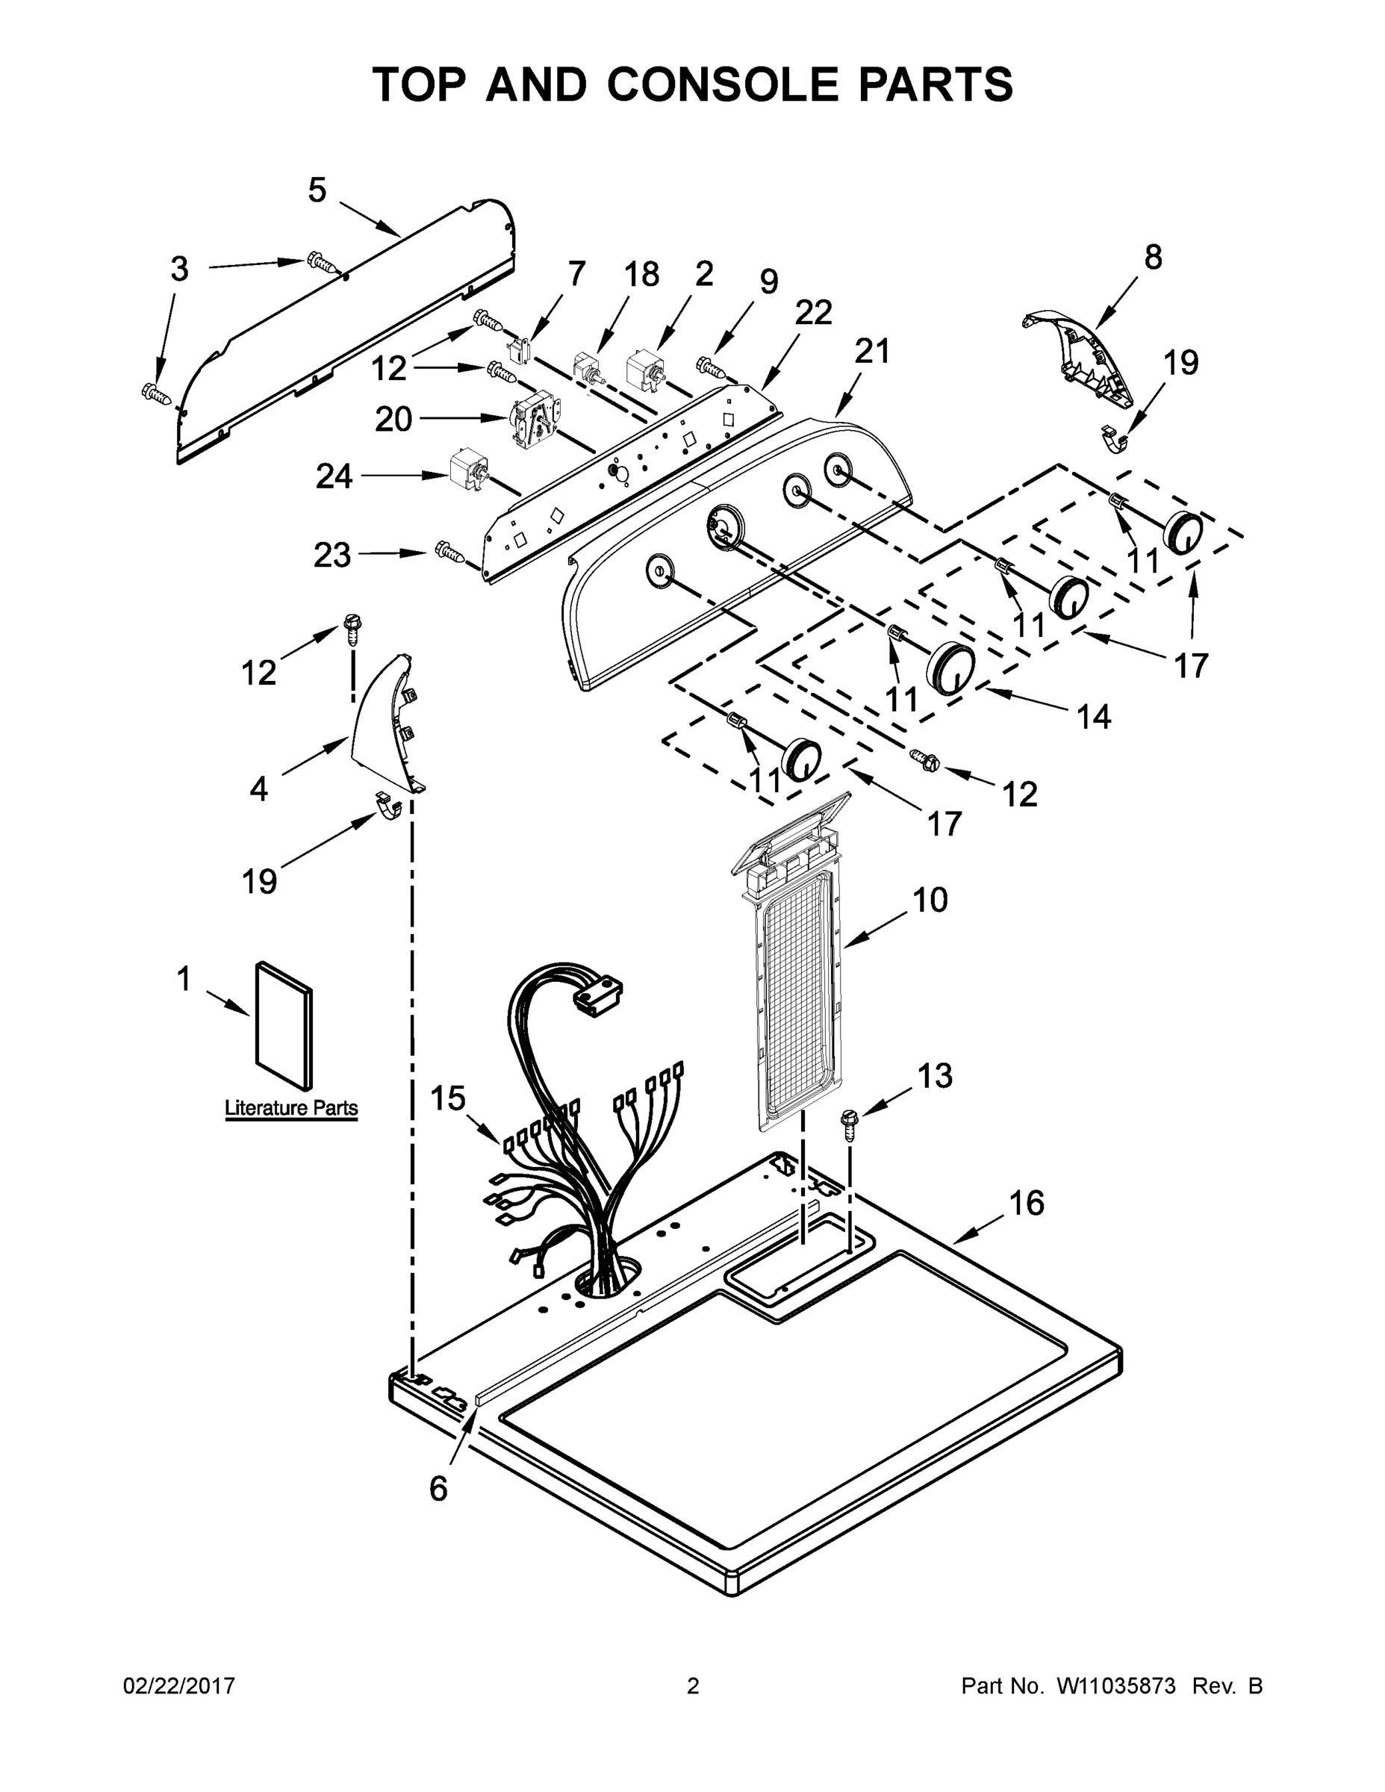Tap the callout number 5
click(x=317, y=190)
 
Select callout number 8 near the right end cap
click(x=1153, y=258)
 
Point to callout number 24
click(x=334, y=476)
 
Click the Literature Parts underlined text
click(x=291, y=1108)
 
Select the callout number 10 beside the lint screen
click(x=930, y=900)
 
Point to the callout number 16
click(x=1027, y=1204)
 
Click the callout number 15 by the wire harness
click(x=448, y=1098)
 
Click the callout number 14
click(x=1094, y=717)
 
